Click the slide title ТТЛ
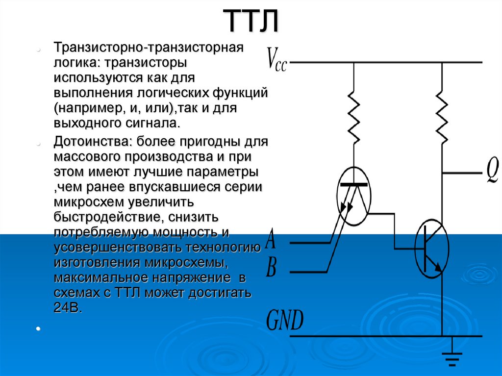click(251, 21)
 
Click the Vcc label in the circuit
click(277, 59)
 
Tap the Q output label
click(492, 171)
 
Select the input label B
click(271, 268)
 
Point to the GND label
click(285, 320)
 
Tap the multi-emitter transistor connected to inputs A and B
click(354, 196)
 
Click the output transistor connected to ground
click(432, 248)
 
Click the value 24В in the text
click(68, 308)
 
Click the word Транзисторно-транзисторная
click(149, 48)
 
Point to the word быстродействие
click(109, 217)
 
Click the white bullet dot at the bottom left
click(38, 328)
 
